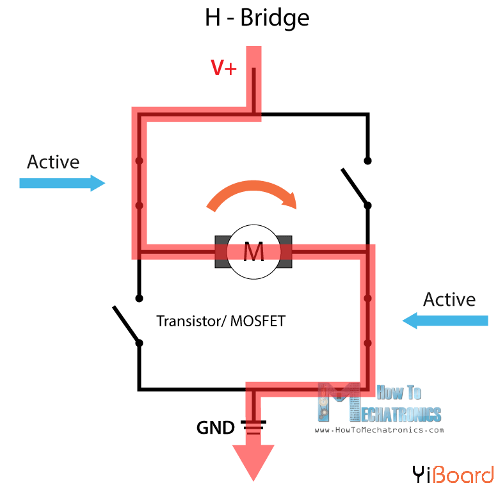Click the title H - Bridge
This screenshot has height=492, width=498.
click(257, 17)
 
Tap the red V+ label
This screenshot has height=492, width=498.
click(224, 68)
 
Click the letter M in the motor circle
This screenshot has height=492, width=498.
click(253, 253)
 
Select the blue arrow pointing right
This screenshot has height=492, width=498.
click(62, 183)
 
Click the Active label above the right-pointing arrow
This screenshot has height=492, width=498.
click(53, 162)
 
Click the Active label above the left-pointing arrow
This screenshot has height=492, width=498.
click(449, 299)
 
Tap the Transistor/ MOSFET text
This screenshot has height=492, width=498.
click(221, 321)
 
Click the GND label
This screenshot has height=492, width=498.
click(215, 427)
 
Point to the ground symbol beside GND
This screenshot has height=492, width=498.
click(253, 427)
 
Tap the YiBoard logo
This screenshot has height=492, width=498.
click(453, 474)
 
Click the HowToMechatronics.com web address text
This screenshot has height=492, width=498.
click(379, 430)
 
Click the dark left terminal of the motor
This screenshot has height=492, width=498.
click(221, 253)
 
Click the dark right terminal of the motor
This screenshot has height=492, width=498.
click(286, 253)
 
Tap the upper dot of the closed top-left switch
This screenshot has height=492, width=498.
click(139, 161)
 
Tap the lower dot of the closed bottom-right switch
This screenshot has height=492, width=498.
click(367, 344)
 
